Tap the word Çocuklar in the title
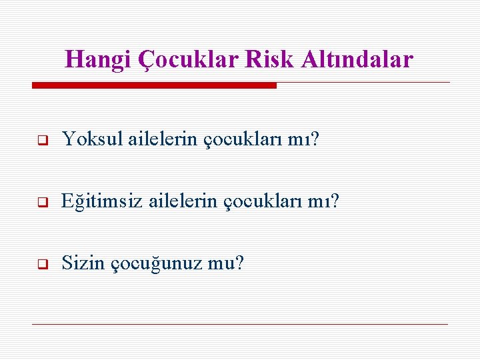pos(189,60)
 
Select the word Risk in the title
pos(270,60)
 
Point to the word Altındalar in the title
pos(357,60)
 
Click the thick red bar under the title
pos(154,85)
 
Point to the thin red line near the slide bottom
pos(240,324)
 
